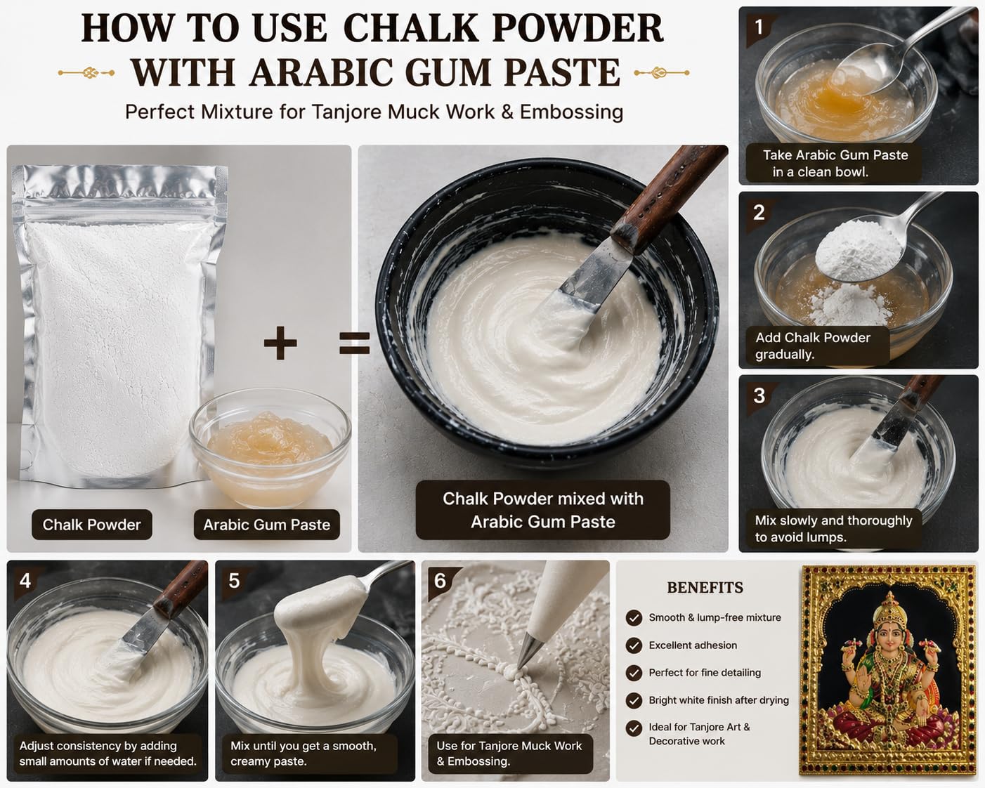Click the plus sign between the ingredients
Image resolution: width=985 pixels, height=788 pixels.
point(280,343)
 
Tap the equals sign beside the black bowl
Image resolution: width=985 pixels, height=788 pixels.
point(354,343)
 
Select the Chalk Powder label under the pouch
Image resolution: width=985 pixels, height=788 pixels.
point(92,525)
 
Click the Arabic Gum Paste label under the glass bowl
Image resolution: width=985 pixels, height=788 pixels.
point(267,525)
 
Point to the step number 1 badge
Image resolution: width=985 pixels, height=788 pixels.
point(759,27)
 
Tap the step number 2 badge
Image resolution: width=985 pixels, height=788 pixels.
point(759,213)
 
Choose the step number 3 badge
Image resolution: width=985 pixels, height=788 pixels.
point(759,396)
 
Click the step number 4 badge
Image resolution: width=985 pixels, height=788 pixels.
point(25,581)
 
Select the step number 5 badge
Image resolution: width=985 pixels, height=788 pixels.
point(234,581)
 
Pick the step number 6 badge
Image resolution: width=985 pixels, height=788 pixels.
point(440,581)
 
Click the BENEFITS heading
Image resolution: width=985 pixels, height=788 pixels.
point(705,588)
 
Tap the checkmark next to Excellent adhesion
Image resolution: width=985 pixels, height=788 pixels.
point(634,645)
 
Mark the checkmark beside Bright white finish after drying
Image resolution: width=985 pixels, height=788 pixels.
point(634,701)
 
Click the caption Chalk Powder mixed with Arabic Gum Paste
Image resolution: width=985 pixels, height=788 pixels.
point(543,510)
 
